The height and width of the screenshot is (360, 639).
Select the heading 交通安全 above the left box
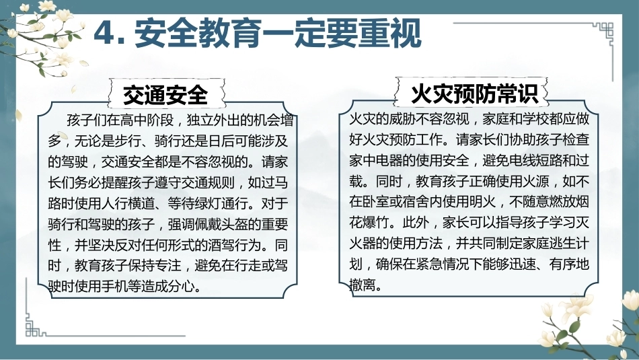[x=165, y=95]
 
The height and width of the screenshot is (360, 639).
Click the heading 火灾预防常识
[x=474, y=94]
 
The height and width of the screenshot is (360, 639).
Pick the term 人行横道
[x=128, y=203]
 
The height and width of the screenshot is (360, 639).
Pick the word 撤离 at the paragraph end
[x=363, y=285]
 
